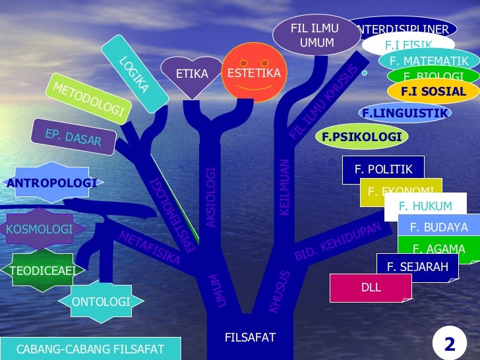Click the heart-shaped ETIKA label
[x=192, y=73]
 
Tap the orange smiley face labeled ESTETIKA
[x=254, y=73]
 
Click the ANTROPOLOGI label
[x=51, y=183]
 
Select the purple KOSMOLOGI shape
[x=40, y=229]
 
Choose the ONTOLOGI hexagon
[x=100, y=302]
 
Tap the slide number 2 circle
[x=450, y=344]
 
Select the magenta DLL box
[x=371, y=288]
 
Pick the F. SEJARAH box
[x=417, y=267]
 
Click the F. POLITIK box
[x=383, y=169]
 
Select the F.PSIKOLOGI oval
[x=362, y=136]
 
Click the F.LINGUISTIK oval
[x=405, y=113]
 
